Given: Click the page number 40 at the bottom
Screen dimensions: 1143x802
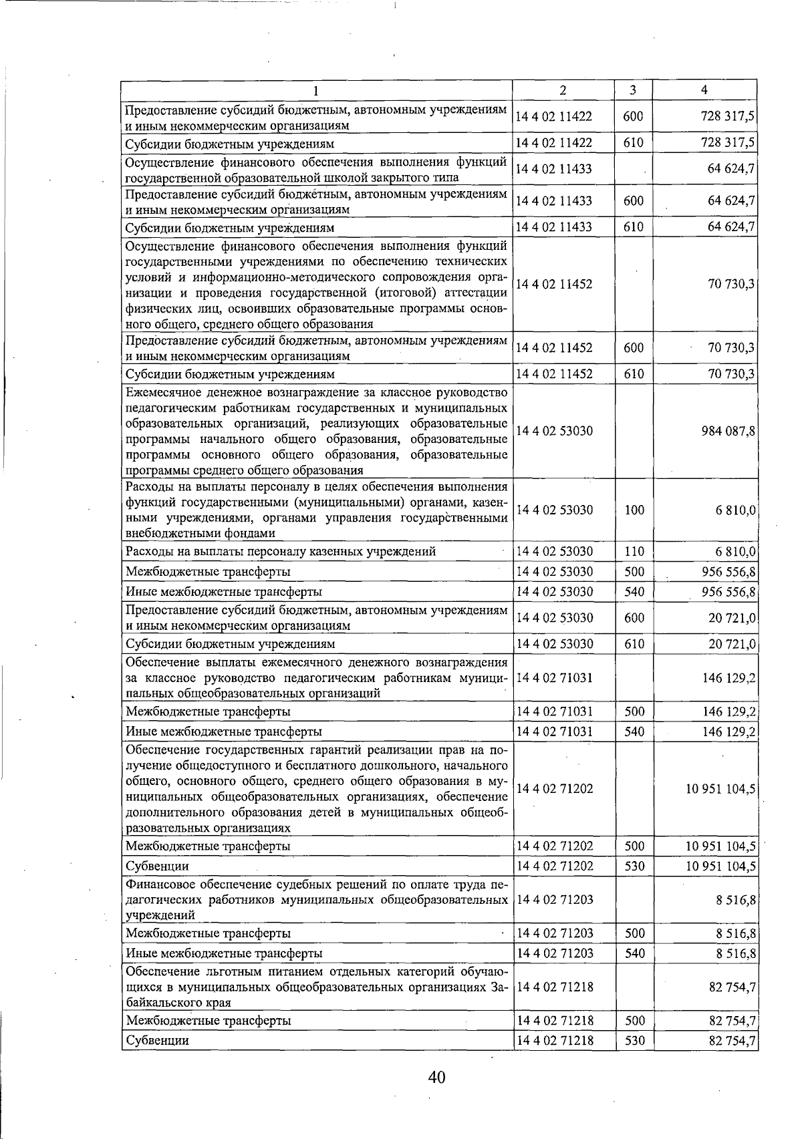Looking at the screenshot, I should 437,1077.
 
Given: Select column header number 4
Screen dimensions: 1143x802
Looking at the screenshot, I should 704,90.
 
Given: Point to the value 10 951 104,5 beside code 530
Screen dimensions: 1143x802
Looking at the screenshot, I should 720,866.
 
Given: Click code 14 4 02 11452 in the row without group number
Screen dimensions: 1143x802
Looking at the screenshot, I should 554,284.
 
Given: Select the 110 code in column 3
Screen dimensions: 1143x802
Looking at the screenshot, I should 634,552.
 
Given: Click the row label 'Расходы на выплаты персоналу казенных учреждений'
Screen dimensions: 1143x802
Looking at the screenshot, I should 281,552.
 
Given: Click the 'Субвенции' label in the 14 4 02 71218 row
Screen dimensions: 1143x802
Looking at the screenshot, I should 158,1041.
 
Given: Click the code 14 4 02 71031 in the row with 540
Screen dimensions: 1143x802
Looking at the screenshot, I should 554,731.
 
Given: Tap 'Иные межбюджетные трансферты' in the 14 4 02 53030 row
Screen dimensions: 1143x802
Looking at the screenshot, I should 224,592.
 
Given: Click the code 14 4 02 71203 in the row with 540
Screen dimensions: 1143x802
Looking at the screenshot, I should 554,953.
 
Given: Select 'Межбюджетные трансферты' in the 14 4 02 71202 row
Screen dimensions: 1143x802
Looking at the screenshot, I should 208,846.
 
